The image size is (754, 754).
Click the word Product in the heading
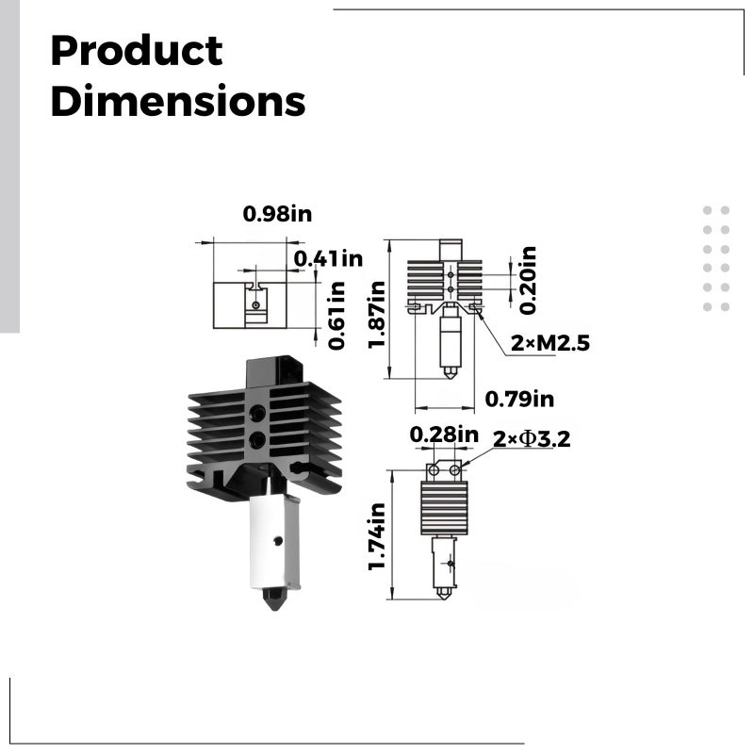pyautogui.click(x=137, y=51)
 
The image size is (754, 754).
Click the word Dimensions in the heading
pyautogui.click(x=178, y=101)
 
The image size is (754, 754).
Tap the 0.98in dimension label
pyautogui.click(x=277, y=214)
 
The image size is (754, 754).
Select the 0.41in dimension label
pyautogui.click(x=328, y=258)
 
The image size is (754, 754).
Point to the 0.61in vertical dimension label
pyautogui.click(x=336, y=316)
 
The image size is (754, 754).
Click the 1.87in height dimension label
pyautogui.click(x=376, y=315)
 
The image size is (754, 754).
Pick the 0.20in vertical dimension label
pyautogui.click(x=528, y=281)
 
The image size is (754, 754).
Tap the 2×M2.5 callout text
pyautogui.click(x=550, y=343)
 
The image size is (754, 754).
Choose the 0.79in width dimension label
pyautogui.click(x=519, y=399)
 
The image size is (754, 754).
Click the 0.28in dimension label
pyautogui.click(x=444, y=434)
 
